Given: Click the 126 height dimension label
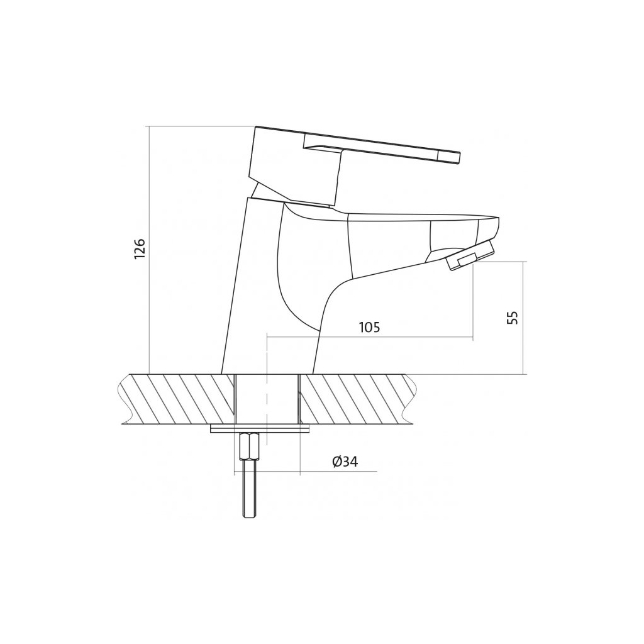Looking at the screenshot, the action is point(140,248).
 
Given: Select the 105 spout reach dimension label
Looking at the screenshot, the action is point(370,327).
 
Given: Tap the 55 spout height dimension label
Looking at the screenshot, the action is point(513,318).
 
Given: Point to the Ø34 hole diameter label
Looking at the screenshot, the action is point(345,462).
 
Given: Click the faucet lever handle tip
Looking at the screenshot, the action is point(459,158).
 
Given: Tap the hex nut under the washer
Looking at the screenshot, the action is point(249,447).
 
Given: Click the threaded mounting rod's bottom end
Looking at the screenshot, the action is point(249,518).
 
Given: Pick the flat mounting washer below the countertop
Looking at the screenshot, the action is point(260,429).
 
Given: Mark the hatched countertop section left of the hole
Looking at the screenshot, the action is point(177,399).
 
